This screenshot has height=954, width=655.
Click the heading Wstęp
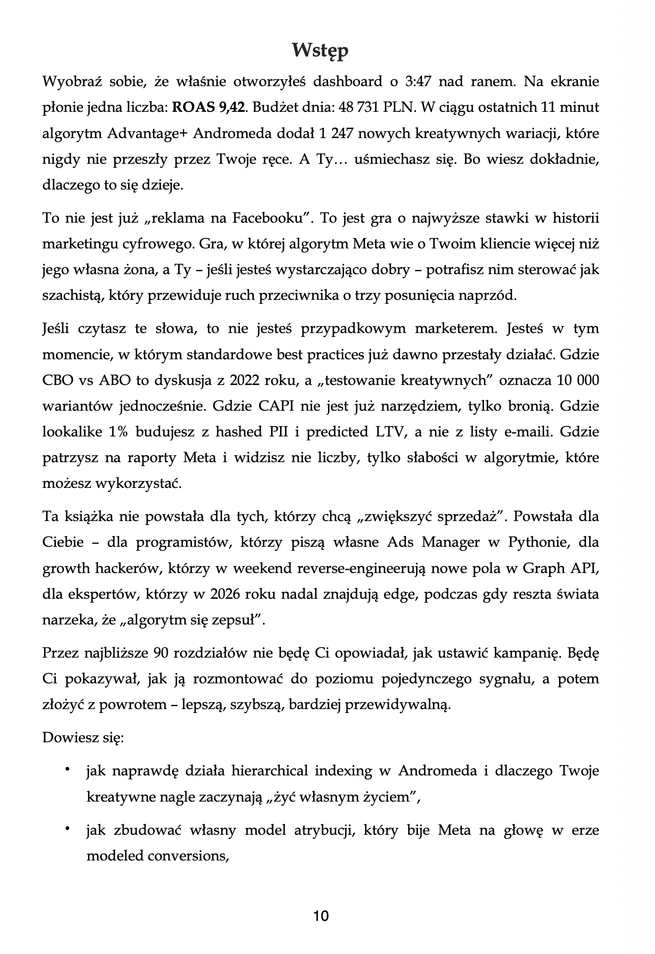click(x=320, y=50)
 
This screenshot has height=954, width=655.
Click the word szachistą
click(x=72, y=296)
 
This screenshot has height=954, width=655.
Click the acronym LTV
click(x=387, y=432)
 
